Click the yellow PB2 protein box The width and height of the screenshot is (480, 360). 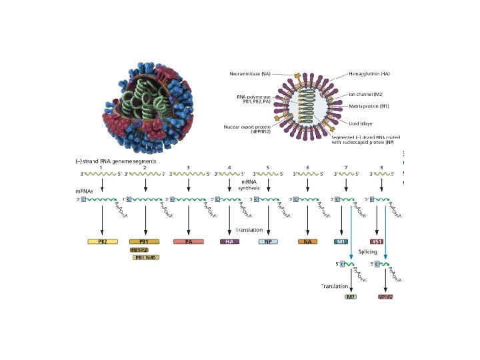[103, 241]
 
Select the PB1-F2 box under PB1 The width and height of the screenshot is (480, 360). [141, 250]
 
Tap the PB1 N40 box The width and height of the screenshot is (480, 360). [146, 257]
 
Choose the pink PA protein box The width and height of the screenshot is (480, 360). [189, 241]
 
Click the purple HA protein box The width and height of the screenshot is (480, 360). [229, 241]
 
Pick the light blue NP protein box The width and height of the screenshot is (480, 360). [268, 241]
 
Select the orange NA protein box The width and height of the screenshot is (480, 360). [307, 241]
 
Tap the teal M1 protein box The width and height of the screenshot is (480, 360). [341, 241]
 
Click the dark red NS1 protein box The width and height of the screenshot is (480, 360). [378, 241]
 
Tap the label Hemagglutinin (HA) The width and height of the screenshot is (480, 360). [371, 73]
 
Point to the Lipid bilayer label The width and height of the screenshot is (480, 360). [361, 123]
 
